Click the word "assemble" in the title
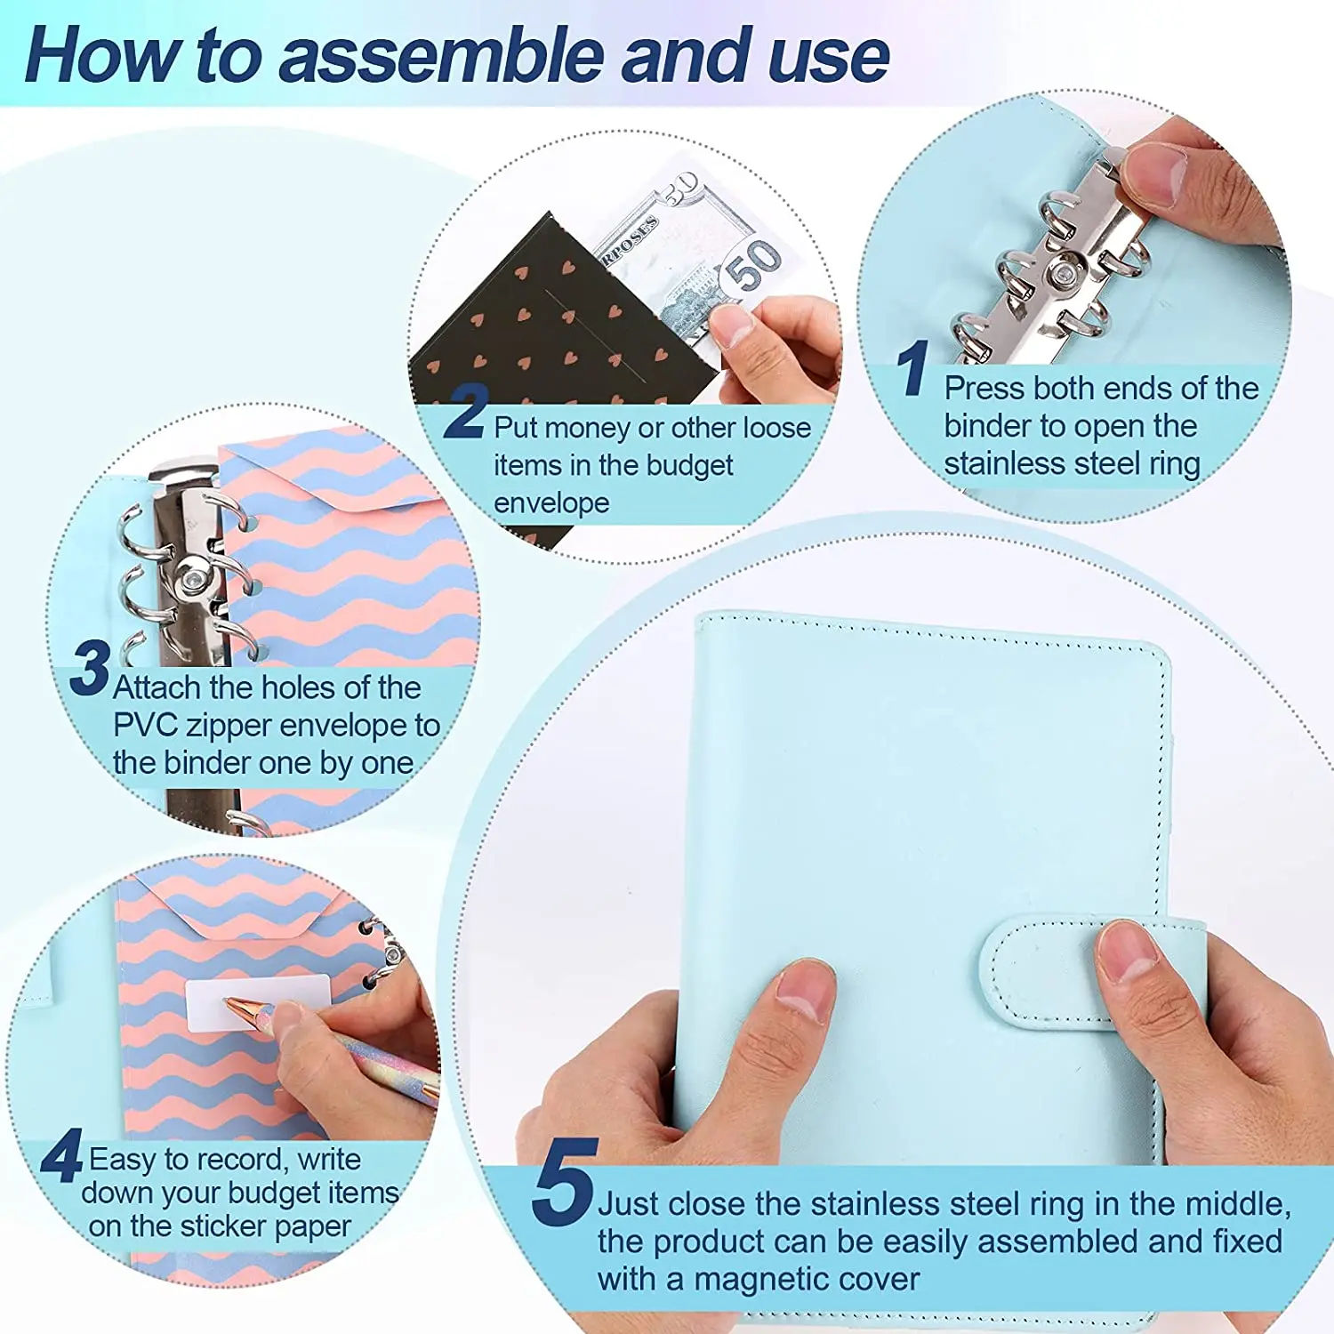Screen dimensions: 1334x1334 click(x=445, y=56)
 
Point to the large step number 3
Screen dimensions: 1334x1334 click(x=90, y=669)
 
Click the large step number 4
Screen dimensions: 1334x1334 click(x=61, y=1156)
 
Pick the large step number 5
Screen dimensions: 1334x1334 click(x=562, y=1183)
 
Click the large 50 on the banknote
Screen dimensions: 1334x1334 click(x=753, y=264)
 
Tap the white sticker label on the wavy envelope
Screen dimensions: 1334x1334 click(x=258, y=1002)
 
